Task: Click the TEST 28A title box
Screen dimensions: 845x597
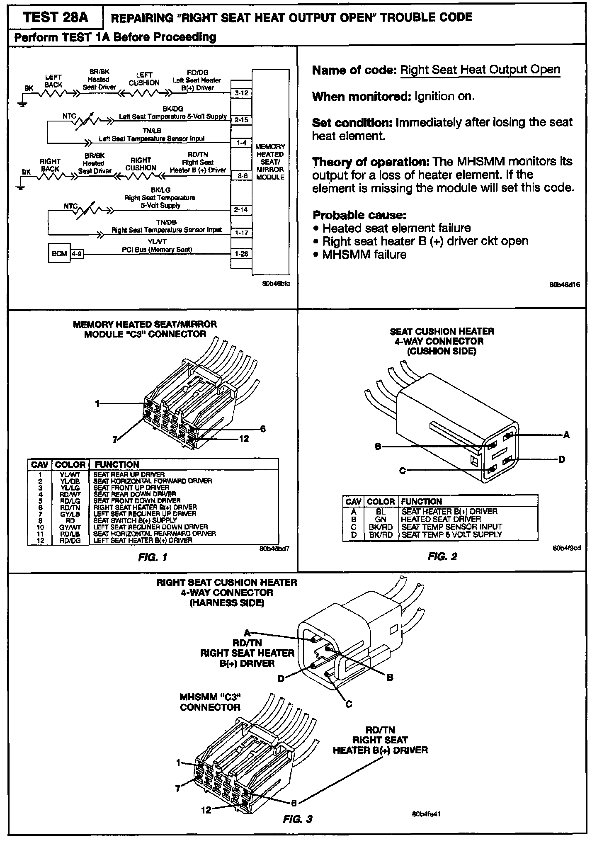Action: pos(56,17)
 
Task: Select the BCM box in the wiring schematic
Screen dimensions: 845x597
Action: pos(59,253)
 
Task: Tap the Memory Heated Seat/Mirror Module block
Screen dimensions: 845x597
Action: pos(270,162)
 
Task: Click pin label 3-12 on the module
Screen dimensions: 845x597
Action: pos(241,93)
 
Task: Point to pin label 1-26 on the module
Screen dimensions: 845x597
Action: pos(241,254)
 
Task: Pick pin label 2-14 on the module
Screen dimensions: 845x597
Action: pos(241,210)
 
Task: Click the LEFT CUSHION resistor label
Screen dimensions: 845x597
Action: pos(144,79)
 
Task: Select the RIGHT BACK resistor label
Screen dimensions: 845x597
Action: pos(50,165)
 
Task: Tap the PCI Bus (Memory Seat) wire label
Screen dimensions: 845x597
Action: pos(157,250)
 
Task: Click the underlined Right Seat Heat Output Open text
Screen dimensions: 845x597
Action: pos(480,70)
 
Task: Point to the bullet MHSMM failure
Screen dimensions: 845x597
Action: pos(364,254)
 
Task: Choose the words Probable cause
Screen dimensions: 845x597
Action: pos(359,215)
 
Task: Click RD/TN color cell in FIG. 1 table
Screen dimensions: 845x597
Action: pos(70,507)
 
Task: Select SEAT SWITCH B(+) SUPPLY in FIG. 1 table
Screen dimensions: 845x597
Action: pos(135,520)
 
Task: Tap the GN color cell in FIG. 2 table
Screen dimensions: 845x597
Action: pos(380,519)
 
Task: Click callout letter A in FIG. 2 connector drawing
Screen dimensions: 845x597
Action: pos(566,435)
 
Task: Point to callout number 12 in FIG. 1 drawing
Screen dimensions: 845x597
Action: pos(244,439)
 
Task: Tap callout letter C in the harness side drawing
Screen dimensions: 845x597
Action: pos(349,704)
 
